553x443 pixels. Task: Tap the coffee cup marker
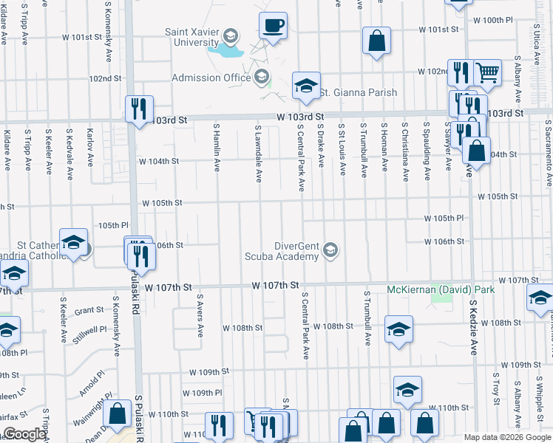point(273,27)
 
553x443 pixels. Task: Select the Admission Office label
point(211,78)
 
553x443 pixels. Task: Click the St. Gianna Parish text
point(358,92)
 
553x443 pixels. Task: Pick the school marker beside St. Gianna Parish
point(305,86)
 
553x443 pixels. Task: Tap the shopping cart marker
point(486,73)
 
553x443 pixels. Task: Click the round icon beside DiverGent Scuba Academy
point(330,251)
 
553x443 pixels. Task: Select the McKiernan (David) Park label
point(441,289)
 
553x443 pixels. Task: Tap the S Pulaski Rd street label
point(138,418)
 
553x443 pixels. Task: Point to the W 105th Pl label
point(444,219)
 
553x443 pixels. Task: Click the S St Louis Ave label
point(342,149)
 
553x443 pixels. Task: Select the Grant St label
point(88,311)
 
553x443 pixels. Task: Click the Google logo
point(24,435)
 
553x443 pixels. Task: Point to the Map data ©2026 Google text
point(506,437)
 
